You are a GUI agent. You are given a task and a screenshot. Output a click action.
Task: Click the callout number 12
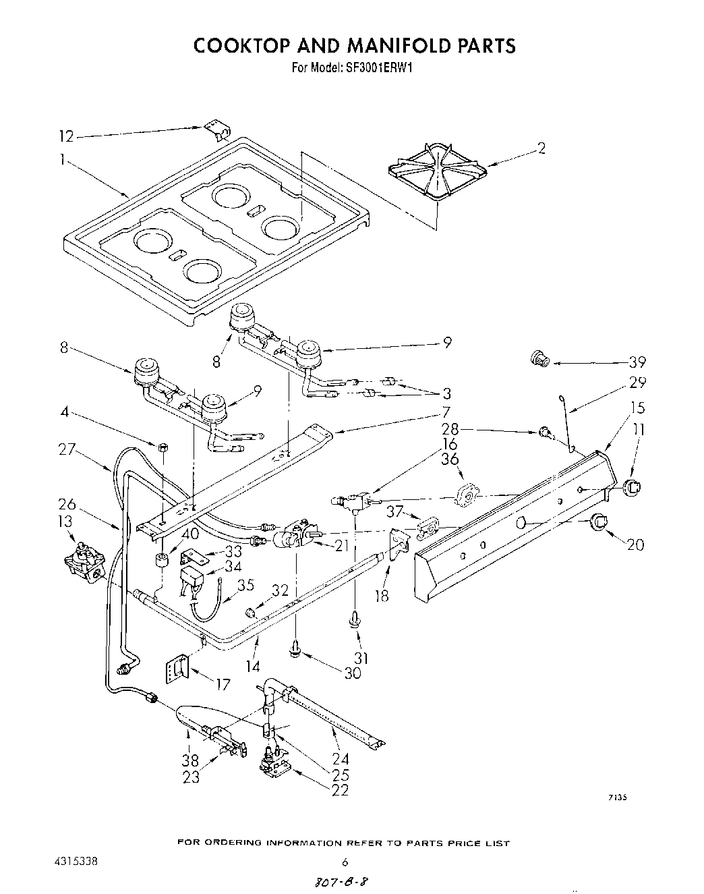point(65,137)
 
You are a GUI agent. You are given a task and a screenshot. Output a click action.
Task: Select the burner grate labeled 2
point(436,171)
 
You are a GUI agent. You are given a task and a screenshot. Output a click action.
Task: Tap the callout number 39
point(636,361)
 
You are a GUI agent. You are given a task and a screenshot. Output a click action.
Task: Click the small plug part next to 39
point(540,359)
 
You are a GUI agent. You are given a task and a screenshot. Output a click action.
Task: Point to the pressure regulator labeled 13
point(84,559)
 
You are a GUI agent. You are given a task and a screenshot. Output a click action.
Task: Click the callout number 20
point(635,544)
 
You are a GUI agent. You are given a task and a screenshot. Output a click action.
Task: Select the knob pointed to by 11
point(631,486)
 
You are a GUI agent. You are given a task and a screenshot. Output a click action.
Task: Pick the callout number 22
point(340,789)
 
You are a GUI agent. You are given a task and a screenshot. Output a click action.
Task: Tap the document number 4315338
point(77,862)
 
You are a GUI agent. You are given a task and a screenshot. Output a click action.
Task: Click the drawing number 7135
point(617,797)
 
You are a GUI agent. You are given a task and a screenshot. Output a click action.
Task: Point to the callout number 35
point(247,584)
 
